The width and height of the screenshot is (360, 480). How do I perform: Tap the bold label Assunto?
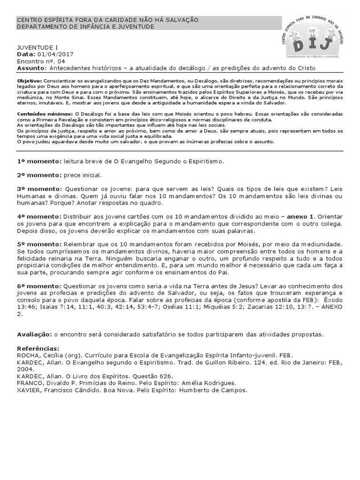[x=30, y=68]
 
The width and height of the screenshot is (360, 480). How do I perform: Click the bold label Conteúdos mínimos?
[x=45, y=114]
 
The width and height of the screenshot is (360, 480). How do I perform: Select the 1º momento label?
[x=38, y=162]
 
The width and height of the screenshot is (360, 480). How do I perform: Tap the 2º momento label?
[x=38, y=175]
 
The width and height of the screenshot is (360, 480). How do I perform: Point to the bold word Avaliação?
[x=35, y=334]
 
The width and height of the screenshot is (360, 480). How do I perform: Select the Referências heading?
[x=38, y=349]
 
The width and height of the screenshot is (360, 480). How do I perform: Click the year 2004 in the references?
[x=25, y=369]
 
